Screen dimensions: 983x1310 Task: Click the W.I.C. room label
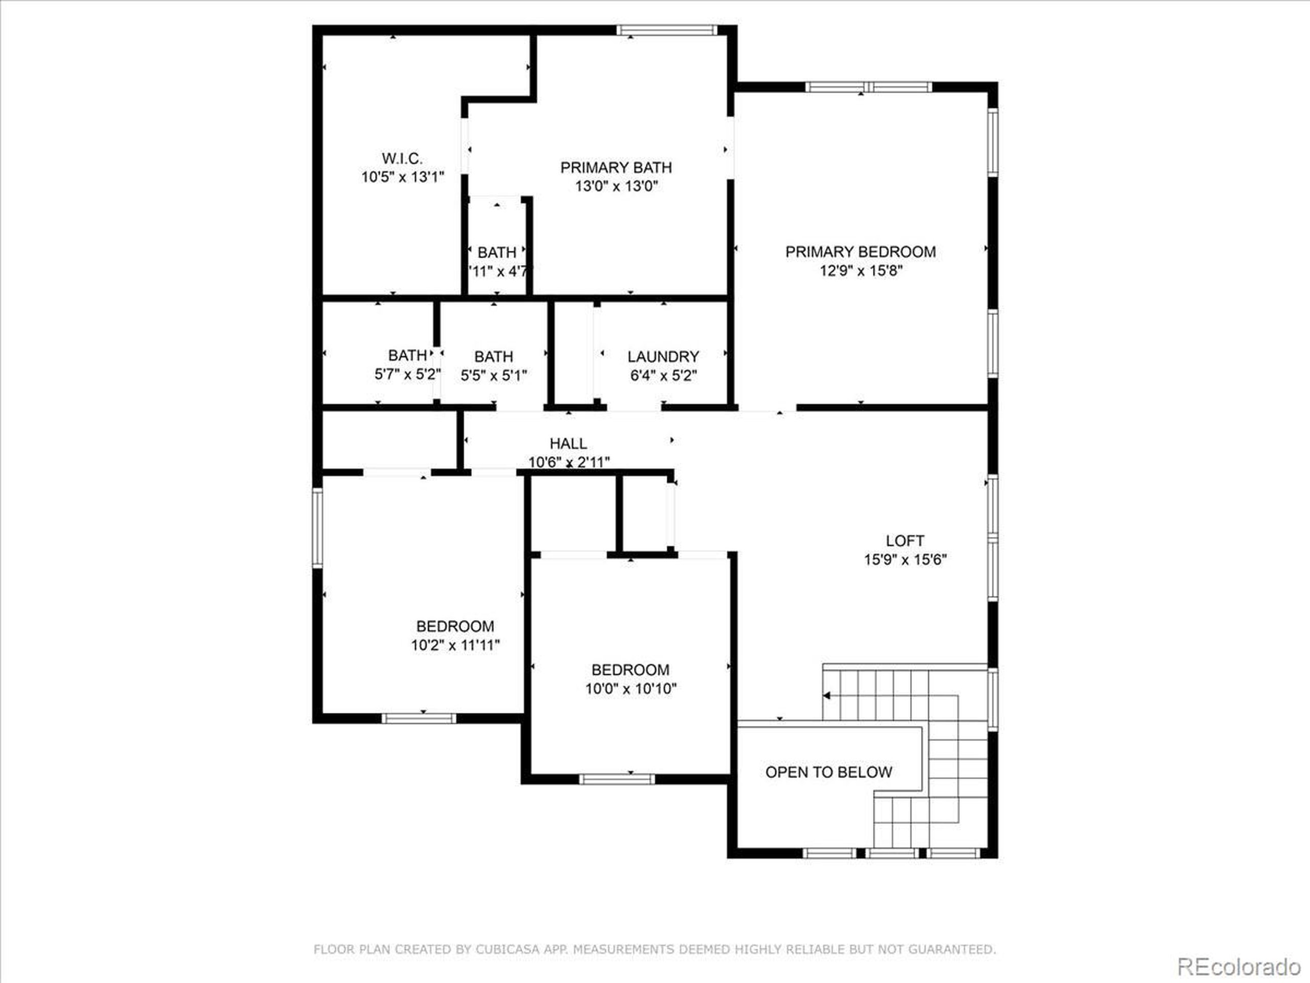402,158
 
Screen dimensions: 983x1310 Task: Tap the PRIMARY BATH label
616,168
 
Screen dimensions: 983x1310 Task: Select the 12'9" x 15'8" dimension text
861,271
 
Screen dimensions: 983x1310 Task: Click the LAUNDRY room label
663,357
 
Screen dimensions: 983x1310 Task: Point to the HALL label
568,443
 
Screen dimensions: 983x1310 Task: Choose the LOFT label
904,540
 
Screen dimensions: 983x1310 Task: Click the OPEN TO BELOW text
828,772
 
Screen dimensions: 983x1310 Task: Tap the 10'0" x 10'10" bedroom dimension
631,689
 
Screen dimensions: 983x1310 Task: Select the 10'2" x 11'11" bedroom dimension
455,645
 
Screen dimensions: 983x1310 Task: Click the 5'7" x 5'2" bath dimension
407,374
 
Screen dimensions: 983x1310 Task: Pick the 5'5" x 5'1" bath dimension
494,375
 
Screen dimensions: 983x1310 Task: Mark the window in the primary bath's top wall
666,31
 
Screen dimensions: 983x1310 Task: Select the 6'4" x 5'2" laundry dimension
663,376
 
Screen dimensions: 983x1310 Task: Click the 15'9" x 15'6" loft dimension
905,560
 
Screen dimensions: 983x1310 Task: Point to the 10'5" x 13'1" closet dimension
403,177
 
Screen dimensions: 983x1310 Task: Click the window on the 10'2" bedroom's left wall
318,527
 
